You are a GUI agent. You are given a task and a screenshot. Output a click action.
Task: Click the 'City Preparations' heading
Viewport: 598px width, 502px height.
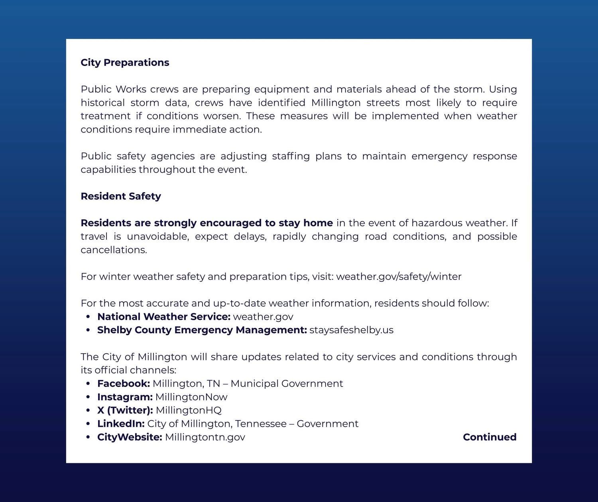(x=125, y=63)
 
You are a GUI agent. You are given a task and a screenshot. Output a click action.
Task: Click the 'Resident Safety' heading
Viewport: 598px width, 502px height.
(x=121, y=196)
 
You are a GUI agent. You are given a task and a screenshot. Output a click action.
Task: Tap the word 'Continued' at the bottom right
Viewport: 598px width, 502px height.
(x=490, y=437)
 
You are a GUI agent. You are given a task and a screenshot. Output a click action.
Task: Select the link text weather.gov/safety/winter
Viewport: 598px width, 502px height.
(x=399, y=277)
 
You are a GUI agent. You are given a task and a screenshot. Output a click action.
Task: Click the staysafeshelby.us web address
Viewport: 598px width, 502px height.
(x=351, y=330)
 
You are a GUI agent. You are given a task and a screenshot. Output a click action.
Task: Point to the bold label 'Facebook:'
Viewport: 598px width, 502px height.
(x=124, y=383)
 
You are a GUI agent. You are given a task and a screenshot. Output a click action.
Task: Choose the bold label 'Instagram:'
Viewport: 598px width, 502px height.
(x=125, y=397)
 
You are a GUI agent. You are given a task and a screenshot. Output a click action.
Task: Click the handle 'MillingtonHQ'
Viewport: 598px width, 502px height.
(x=189, y=410)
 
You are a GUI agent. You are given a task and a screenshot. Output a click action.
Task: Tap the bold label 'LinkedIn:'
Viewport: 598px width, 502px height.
(x=121, y=424)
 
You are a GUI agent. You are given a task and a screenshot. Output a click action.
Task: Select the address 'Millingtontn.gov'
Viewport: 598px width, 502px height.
(x=205, y=437)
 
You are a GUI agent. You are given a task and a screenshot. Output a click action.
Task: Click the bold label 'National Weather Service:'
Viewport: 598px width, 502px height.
(x=164, y=317)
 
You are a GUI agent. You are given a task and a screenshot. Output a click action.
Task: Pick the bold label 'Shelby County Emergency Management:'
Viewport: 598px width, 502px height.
(x=202, y=330)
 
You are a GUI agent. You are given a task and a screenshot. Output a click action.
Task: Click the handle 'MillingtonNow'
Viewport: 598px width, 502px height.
(x=191, y=397)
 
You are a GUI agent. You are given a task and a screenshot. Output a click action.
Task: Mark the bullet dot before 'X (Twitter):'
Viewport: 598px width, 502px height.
(x=88, y=410)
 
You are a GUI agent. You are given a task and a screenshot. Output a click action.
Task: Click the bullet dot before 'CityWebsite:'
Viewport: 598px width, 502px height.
(x=88, y=437)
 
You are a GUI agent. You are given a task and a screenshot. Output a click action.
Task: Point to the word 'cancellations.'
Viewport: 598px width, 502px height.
(x=114, y=250)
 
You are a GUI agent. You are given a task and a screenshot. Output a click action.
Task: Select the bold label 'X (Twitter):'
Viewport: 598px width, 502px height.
(x=125, y=410)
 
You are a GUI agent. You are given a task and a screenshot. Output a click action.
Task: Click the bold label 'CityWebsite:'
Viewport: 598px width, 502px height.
(x=130, y=437)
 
